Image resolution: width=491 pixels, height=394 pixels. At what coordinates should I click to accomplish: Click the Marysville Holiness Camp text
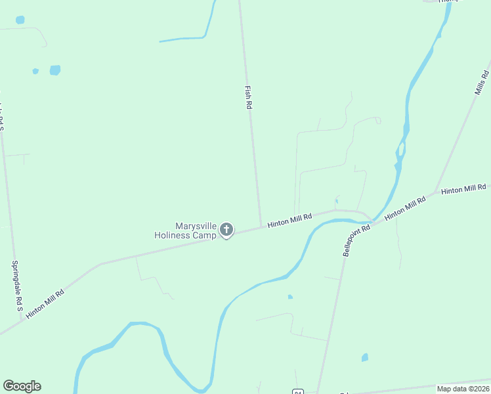point(185,230)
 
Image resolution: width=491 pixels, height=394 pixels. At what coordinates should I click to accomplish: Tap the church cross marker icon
point(226,230)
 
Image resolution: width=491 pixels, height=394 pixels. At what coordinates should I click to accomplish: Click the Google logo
point(22,386)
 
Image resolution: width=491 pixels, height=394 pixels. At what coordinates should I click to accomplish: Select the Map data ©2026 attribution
point(463,389)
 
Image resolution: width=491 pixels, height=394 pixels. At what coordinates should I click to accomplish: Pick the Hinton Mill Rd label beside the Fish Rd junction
point(289,221)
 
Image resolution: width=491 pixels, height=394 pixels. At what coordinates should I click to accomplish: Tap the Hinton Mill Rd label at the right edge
point(463,190)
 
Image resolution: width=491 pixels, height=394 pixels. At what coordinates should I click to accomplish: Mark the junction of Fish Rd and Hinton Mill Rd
point(261,227)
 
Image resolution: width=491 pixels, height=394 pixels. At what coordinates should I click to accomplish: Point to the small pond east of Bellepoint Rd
point(364,358)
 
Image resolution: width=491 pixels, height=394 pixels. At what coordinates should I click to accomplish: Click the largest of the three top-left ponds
point(55,70)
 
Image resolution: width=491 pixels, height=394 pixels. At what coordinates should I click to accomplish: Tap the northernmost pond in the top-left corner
point(20,20)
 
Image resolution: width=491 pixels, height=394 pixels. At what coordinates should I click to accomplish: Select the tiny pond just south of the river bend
point(289,297)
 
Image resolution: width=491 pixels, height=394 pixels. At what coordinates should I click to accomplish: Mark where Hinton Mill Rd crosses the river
point(372,219)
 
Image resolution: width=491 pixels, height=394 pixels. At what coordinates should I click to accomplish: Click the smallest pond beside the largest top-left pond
point(35,71)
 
